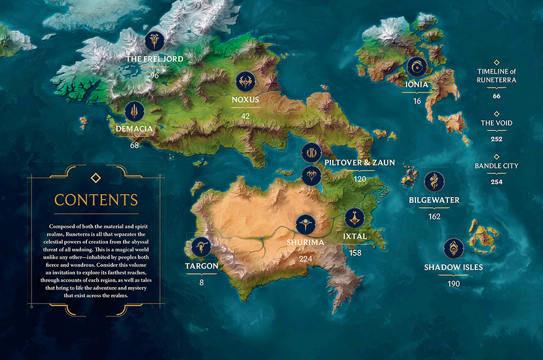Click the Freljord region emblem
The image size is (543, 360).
155,41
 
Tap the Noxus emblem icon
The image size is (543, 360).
245,82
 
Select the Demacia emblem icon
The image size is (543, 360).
135,111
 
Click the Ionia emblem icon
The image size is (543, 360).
417,67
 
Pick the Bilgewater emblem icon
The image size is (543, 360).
434,182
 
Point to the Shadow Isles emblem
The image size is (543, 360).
454,249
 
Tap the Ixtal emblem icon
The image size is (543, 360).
355,219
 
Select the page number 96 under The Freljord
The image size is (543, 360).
154,75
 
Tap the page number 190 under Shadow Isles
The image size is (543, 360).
454,284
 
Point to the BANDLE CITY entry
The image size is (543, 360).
496,166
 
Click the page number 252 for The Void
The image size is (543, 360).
496,139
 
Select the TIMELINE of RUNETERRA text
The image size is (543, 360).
496,75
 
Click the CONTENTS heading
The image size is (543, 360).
96,199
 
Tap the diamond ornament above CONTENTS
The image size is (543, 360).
96,177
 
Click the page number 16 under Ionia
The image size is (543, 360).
417,101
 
